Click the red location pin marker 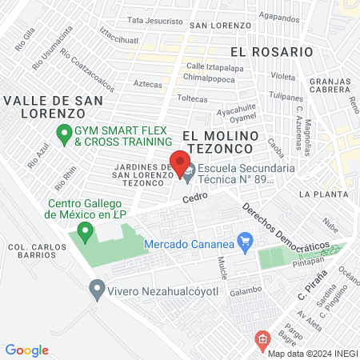(x=180, y=158)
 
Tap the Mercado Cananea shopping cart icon (x=246, y=239)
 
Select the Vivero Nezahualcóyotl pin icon (x=98, y=289)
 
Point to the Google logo (x=27, y=350)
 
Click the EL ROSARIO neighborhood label (x=270, y=51)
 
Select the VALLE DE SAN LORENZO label (x=53, y=106)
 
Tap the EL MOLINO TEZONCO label (x=218, y=142)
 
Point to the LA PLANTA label (x=320, y=194)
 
